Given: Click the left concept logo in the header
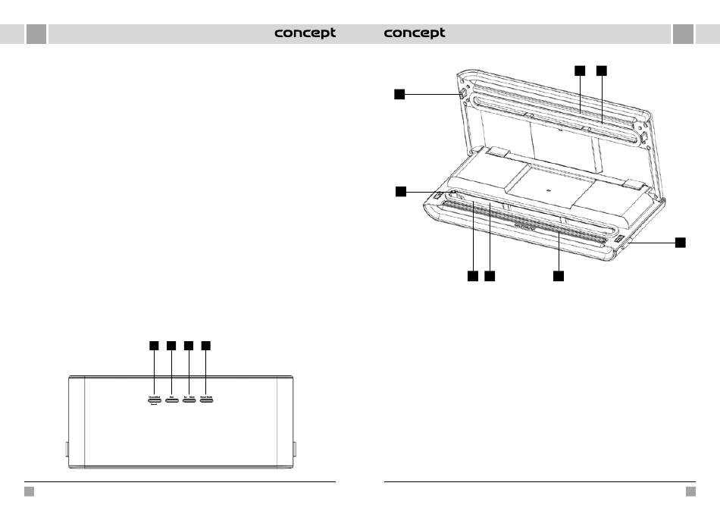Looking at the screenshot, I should coord(305,33).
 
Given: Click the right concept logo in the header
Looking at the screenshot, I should coord(415,33).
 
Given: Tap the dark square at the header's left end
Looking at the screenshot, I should coord(36,34).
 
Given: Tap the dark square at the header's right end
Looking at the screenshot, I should coord(683,34).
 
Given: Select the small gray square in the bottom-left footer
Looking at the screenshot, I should coord(29,491).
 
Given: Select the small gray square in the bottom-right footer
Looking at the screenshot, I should coord(690,491).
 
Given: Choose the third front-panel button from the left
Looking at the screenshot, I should coord(189,397).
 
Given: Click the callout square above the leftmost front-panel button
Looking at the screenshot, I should coord(153,346).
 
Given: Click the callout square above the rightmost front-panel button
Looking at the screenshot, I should coord(206,346).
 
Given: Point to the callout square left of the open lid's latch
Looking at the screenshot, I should coord(399,94).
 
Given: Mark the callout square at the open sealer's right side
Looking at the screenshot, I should coord(681,242).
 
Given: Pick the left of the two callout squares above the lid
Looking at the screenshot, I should coord(579,71).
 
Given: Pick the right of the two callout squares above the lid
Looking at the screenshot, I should coord(601,71).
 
